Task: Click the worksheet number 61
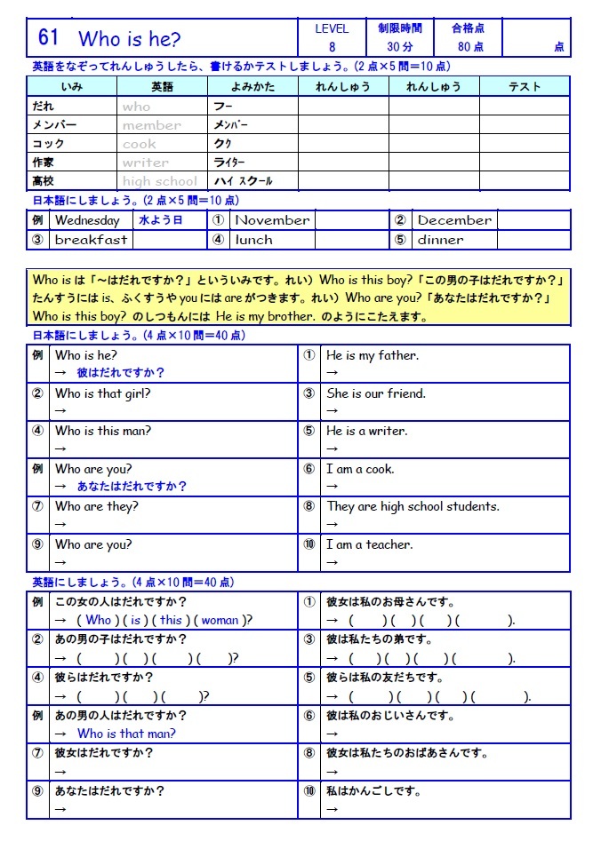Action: (x=48, y=37)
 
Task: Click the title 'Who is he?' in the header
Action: (x=129, y=39)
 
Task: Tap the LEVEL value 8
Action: (x=332, y=47)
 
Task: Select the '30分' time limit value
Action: (x=399, y=47)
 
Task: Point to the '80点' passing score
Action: (x=470, y=47)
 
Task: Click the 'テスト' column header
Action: (x=525, y=86)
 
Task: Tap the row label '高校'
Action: (x=43, y=181)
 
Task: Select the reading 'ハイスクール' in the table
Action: (x=243, y=181)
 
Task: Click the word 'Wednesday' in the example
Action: (x=87, y=220)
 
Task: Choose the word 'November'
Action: (x=272, y=220)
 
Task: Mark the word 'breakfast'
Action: (x=91, y=240)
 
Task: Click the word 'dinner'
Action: (x=440, y=240)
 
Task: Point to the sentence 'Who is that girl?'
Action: (x=103, y=393)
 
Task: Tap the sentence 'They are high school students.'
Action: (x=413, y=506)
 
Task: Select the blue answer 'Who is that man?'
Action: (x=126, y=734)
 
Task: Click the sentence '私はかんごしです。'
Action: (x=373, y=790)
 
